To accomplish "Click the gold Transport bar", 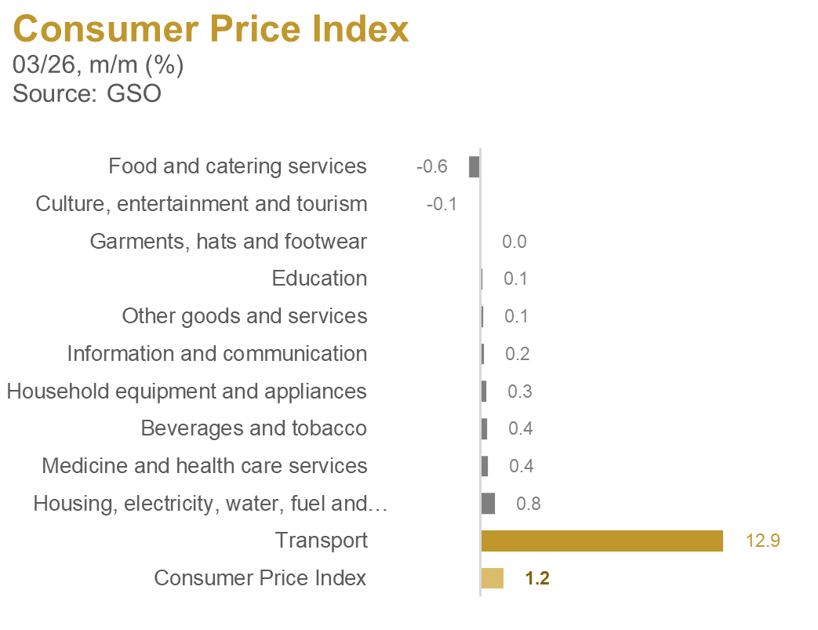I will point(602,541).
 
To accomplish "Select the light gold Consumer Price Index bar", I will point(492,578).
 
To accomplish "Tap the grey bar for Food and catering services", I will point(474,166).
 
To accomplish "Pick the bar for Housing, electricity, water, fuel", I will point(488,504).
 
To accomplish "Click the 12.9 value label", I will point(762,541).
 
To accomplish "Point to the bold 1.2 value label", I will point(537,579).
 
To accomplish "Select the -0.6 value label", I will point(431,166).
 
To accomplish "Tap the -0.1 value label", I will point(442,204).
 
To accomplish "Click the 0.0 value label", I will point(514,242).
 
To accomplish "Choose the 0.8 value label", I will point(529,504).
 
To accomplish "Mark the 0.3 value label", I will point(520,391).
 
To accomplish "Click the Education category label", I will point(319,279).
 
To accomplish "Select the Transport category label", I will point(322,541).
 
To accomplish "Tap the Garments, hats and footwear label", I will point(228,241).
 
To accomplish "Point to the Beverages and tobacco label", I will point(253,428).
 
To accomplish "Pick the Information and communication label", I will point(216,354).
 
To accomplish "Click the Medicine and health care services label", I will point(204,466).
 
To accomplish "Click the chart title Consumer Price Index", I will point(211,30).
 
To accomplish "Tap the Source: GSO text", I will point(87,94).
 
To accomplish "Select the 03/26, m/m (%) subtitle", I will point(99,64).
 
